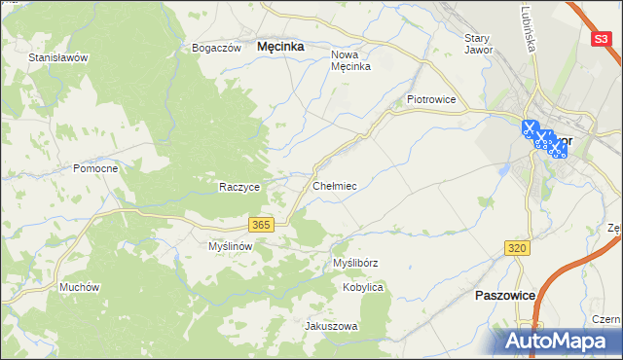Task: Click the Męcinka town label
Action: click(280, 46)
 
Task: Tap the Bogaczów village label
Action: click(216, 48)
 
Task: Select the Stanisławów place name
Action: click(58, 57)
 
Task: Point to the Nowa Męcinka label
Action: click(351, 60)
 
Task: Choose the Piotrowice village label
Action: click(431, 99)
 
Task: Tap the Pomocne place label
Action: click(95, 168)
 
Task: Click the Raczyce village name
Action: click(238, 187)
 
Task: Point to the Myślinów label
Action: click(231, 247)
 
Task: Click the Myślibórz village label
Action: click(355, 263)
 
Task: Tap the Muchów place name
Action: click(80, 287)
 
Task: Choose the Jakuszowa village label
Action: click(332, 326)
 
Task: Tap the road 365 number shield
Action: click(260, 225)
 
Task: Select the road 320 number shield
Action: click(517, 249)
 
